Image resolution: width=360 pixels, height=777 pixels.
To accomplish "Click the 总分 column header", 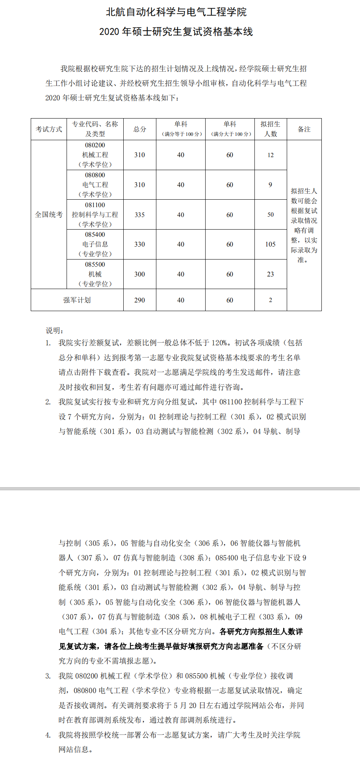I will coord(140,129).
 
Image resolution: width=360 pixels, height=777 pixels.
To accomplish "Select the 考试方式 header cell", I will coord(49,129).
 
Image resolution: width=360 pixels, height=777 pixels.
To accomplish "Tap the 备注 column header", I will coord(304,129).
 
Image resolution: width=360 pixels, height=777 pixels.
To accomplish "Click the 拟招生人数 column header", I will coord(271,129).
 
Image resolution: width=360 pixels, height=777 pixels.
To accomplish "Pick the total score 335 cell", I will coord(140,215).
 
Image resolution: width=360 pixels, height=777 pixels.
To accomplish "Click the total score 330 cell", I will coord(140,244).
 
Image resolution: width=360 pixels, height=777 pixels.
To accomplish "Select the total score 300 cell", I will coord(140,274).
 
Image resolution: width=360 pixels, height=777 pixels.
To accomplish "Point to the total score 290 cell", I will coord(140,300).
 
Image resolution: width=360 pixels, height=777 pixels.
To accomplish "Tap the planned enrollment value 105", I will coord(270,244).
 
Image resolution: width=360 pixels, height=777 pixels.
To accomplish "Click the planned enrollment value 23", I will coord(270,274).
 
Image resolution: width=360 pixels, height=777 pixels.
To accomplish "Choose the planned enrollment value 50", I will coord(270,215).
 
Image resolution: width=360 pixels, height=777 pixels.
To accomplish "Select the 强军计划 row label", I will coord(77,300).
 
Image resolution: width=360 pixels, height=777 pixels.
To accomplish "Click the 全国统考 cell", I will coord(49,215).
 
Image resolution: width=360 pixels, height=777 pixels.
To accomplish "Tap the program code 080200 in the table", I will coord(95,145).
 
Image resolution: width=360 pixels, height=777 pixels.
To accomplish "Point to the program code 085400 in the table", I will coord(95,235).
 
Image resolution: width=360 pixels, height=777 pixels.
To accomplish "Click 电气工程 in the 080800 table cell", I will coord(95,185).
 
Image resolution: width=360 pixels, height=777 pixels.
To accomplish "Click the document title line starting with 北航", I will coord(176,12).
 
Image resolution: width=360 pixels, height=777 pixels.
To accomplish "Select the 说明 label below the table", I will coord(54,330).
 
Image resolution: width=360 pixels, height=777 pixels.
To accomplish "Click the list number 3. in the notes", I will coord(48,676).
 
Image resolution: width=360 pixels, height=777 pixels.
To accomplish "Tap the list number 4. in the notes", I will coord(48,735).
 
